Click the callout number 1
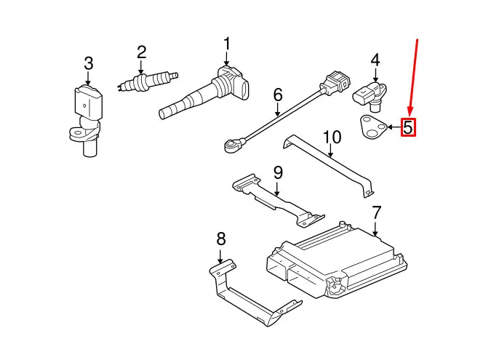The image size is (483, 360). point(226,44)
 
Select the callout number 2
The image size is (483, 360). point(141,52)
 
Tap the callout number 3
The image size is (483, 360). point(88,63)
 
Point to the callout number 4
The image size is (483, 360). point(375,59)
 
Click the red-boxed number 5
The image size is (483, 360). point(408,127)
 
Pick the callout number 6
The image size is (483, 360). point(277,95)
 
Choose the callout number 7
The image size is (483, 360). point(376,213)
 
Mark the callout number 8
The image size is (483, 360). point(221,238)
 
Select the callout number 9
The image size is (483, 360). point(278,173)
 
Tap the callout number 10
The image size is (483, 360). point(331,137)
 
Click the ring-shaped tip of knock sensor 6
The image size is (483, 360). point(232,146)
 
